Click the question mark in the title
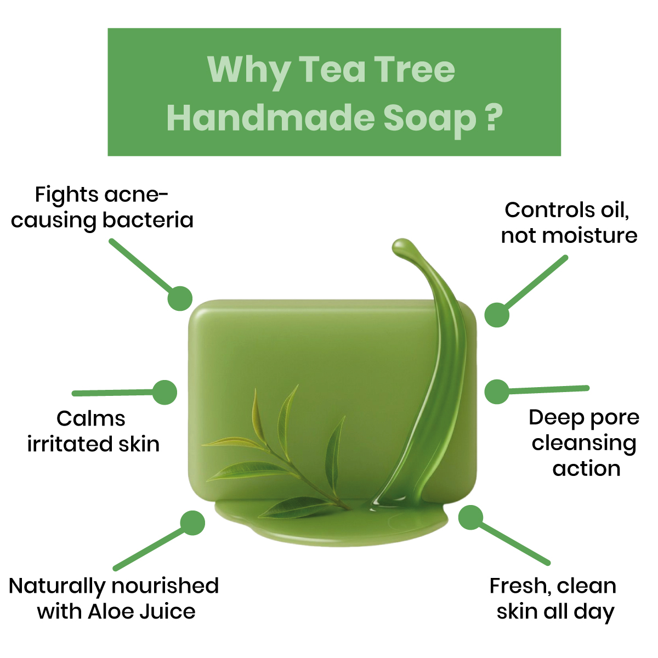(493, 117)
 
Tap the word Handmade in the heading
(271, 117)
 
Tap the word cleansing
(584, 444)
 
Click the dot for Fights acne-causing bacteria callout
(180, 298)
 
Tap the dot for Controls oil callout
(497, 315)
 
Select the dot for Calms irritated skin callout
(164, 393)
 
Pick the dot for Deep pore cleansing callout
(497, 392)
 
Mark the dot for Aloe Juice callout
(192, 523)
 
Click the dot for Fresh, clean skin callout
(470, 517)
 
